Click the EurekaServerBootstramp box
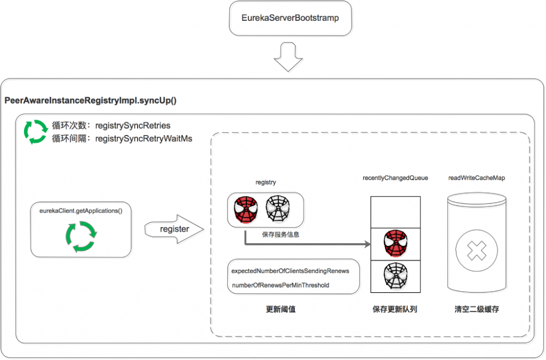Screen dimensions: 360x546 point(290,18)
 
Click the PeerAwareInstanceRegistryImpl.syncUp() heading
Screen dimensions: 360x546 point(90,101)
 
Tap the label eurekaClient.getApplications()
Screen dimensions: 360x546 point(81,210)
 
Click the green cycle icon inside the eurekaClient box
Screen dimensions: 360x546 point(81,236)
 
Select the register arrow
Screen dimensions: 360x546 point(174,229)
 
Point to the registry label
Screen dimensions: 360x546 point(265,182)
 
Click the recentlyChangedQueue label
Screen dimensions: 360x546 point(395,178)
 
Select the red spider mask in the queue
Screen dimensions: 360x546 point(395,244)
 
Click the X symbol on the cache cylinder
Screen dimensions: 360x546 point(476,252)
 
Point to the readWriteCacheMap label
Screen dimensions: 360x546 point(476,178)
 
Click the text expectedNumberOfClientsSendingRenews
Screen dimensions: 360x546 point(290,271)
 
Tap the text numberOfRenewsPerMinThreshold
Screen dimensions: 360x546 point(280,285)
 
